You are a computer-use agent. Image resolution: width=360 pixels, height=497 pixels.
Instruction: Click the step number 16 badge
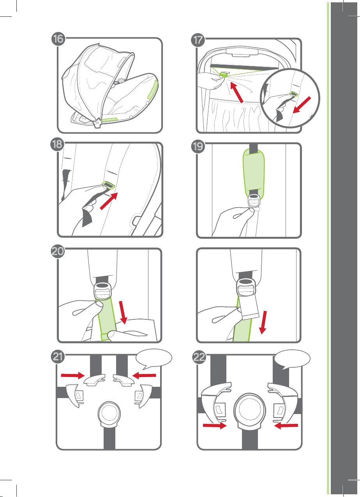pos(58,39)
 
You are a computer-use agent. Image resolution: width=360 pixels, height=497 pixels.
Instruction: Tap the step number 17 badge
pos(198,40)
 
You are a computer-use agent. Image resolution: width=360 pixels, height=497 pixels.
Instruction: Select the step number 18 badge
pos(57,145)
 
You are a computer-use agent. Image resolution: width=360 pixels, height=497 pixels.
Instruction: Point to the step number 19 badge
pos(198,146)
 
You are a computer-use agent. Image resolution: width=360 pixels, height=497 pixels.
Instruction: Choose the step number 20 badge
pos(58,251)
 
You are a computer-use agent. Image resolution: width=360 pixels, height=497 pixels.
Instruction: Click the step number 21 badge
pos(58,357)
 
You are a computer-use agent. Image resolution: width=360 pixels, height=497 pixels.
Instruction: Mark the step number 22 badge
pos(199,357)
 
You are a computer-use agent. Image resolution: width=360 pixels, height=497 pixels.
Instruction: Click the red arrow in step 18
pos(109,201)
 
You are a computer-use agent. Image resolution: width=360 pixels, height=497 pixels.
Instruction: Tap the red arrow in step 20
pos(123,312)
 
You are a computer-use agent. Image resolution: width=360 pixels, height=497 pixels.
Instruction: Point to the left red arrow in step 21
pos(73,375)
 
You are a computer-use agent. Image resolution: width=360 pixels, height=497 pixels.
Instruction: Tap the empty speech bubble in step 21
pos(154,359)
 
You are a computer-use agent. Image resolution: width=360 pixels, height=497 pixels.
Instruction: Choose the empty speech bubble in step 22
pos(292,359)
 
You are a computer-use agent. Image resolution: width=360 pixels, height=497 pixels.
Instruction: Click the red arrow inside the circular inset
pos(302,105)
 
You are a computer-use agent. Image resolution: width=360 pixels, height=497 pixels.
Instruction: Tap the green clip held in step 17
pos(223,74)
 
